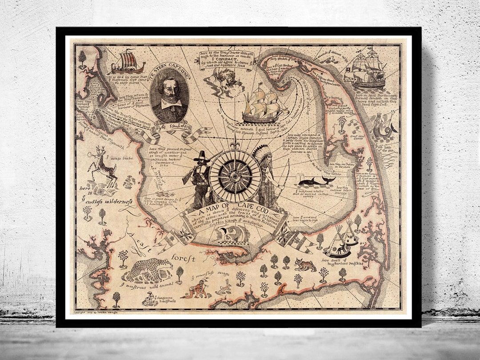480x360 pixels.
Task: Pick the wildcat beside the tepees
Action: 304,264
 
